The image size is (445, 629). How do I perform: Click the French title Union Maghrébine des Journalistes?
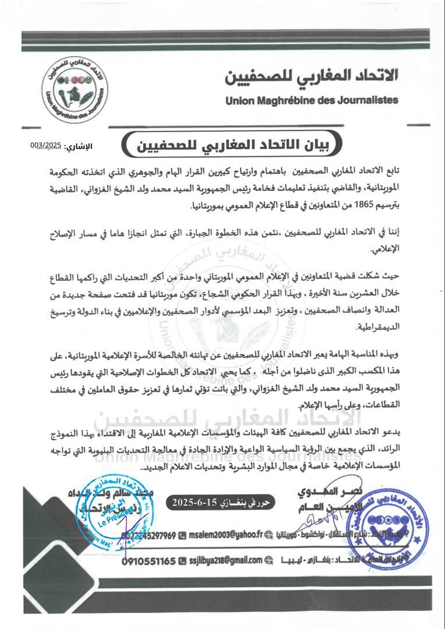(x=312, y=100)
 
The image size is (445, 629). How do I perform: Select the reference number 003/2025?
(x=46, y=144)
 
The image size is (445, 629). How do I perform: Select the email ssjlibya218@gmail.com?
(x=225, y=561)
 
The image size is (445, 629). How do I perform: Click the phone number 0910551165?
(x=149, y=561)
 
